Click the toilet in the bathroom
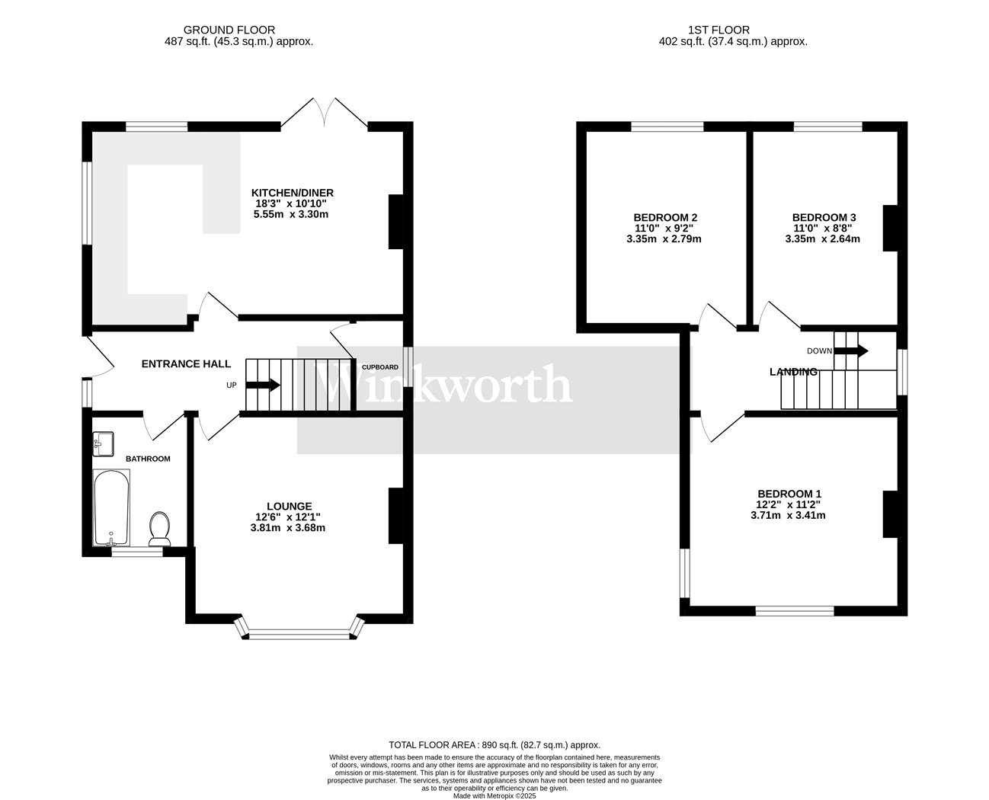tap(160, 528)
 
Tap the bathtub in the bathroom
tap(111, 508)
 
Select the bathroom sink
tap(103, 444)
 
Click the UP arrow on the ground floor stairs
tap(263, 385)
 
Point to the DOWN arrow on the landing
tap(851, 350)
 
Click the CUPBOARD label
tap(379, 367)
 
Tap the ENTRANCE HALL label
tap(186, 364)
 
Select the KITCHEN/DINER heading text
tap(293, 193)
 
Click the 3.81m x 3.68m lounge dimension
tap(288, 528)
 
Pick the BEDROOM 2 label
tap(665, 217)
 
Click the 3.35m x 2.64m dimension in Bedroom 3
tap(823, 239)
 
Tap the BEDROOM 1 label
tap(789, 494)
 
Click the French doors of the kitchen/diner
tap(324, 113)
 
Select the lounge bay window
tap(299, 628)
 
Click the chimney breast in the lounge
tap(395, 515)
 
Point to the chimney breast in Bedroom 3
tap(890, 228)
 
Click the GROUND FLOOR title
tap(229, 30)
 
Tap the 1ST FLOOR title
tap(719, 30)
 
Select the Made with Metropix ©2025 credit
tap(494, 796)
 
